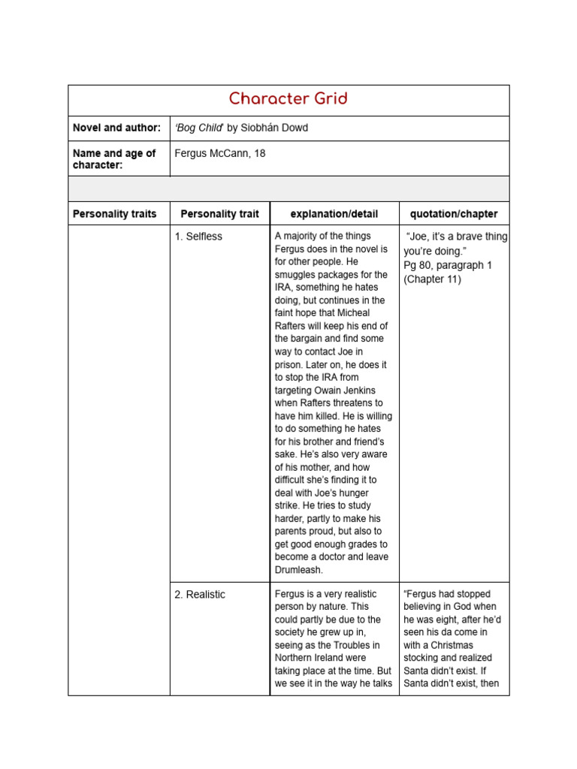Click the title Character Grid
click(288, 99)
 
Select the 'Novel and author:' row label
click(116, 128)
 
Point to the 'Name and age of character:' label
click(114, 158)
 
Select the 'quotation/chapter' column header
click(454, 214)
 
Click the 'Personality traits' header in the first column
click(114, 214)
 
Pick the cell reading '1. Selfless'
click(198, 237)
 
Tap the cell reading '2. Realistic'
click(200, 594)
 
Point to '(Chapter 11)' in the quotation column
click(433, 279)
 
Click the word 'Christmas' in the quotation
click(450, 645)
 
